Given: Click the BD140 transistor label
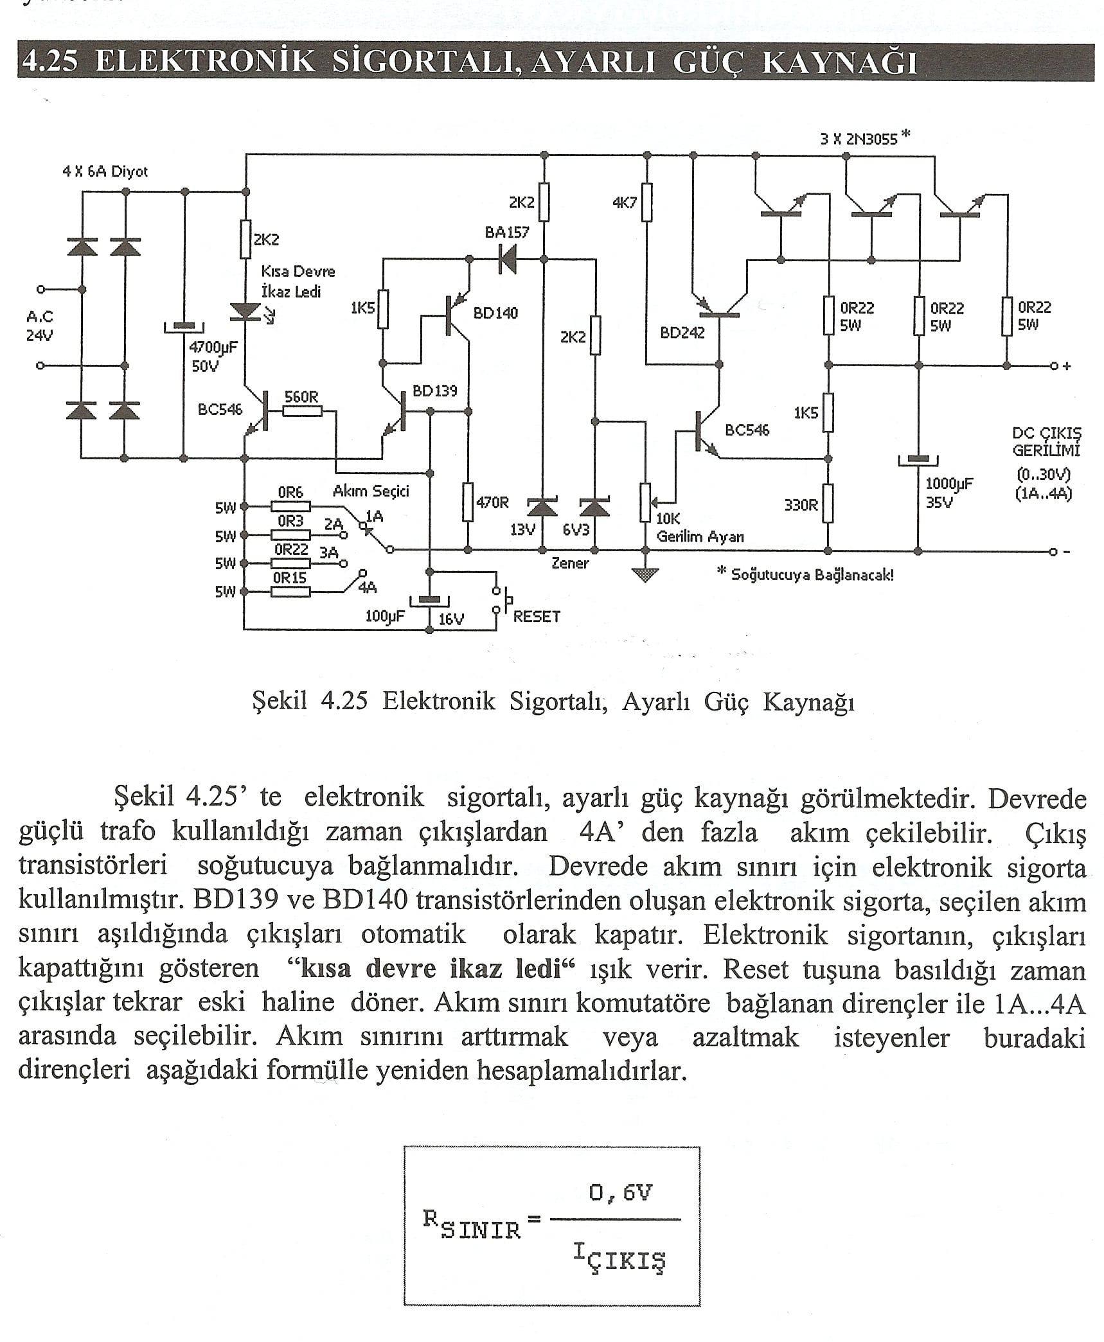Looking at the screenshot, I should [495, 313].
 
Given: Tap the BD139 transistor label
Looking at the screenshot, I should [434, 390].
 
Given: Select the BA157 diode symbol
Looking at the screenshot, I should [508, 260].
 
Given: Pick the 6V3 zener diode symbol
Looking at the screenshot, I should [595, 508].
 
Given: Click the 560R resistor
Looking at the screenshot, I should [302, 409].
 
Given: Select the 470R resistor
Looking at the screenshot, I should [468, 502].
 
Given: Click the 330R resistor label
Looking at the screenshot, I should [801, 505].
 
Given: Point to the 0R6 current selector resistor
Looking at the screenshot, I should [290, 506].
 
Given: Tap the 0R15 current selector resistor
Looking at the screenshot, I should [290, 591].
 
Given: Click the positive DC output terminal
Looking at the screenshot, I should [1054, 366].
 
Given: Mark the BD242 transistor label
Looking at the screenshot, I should [682, 333].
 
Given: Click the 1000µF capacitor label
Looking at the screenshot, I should [948, 484].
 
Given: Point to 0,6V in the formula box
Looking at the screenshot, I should [619, 1193].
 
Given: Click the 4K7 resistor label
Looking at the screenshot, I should [624, 203].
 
